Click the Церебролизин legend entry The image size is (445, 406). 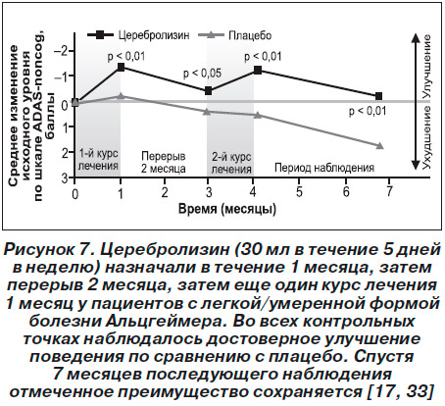click(x=138, y=34)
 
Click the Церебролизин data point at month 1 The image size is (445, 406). click(x=121, y=67)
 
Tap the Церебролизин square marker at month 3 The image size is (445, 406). click(x=208, y=91)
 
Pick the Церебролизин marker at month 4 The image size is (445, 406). click(x=258, y=70)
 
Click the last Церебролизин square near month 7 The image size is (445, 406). click(x=378, y=96)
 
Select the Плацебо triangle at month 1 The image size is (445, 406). click(x=121, y=96)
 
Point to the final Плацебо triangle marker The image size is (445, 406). click(x=379, y=145)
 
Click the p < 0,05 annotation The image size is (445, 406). click(x=202, y=74)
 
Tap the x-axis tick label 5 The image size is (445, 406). click(x=299, y=191)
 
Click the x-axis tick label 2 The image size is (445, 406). click(x=165, y=191)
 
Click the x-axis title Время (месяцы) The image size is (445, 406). click(x=227, y=209)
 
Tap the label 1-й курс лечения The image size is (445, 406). click(x=98, y=160)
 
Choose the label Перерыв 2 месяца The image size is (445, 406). click(x=164, y=162)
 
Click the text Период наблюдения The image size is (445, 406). click(x=324, y=168)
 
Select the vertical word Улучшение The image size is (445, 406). click(x=426, y=67)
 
